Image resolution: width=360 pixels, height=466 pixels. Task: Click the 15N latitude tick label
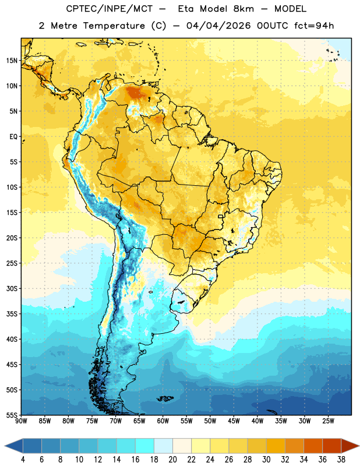point(12,61)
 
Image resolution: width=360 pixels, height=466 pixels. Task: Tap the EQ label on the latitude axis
point(13,137)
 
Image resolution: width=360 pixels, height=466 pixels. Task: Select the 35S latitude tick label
point(12,314)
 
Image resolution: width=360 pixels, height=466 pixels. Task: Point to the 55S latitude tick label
point(12,415)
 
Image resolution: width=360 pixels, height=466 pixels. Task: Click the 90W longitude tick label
point(21,421)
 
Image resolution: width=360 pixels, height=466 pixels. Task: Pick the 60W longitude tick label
point(163,421)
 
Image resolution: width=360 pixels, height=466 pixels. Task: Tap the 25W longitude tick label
point(328,421)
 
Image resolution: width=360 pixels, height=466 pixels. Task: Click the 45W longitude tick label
point(234,421)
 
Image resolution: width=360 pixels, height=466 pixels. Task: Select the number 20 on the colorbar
point(172,460)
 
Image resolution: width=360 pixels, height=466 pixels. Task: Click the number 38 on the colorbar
point(341,460)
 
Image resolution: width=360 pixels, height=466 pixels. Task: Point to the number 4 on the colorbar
point(23,460)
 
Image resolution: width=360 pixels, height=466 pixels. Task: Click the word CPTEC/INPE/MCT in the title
point(110,9)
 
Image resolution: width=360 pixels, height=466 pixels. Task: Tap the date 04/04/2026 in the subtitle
point(218,26)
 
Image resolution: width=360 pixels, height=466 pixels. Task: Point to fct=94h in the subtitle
point(314,26)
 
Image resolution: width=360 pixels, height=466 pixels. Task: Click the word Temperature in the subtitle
point(114,26)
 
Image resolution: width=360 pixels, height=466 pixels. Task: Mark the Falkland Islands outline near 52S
point(165,398)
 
